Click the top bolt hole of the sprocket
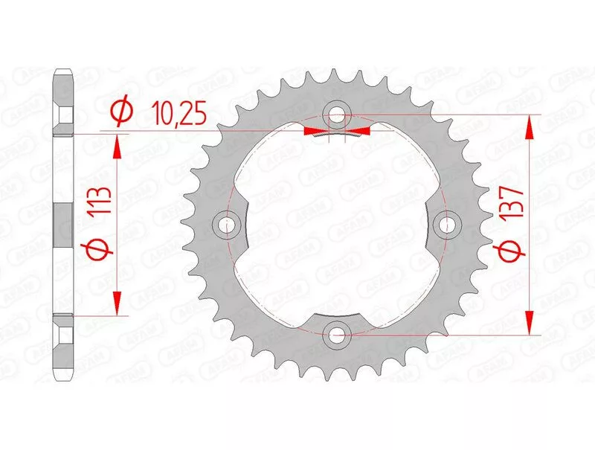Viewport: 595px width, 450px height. point(337,115)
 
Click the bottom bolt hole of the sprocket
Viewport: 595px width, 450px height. point(337,335)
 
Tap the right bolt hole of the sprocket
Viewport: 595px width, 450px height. point(447,225)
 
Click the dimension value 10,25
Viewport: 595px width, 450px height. point(178,113)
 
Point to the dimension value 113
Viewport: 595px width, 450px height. point(100,201)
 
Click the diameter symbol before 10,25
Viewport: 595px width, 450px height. point(121,112)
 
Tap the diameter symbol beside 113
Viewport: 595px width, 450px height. point(100,251)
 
